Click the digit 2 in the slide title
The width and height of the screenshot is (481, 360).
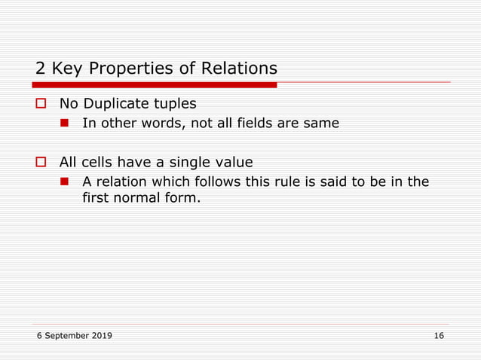click(41, 69)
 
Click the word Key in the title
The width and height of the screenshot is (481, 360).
click(67, 69)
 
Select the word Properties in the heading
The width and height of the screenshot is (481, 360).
click(133, 69)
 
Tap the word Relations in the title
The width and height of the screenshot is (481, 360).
click(239, 69)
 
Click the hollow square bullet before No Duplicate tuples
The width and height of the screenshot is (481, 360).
click(41, 103)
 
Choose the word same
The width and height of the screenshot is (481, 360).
click(321, 124)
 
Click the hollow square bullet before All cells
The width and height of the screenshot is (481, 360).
click(41, 162)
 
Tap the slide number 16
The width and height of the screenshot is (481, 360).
click(439, 335)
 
